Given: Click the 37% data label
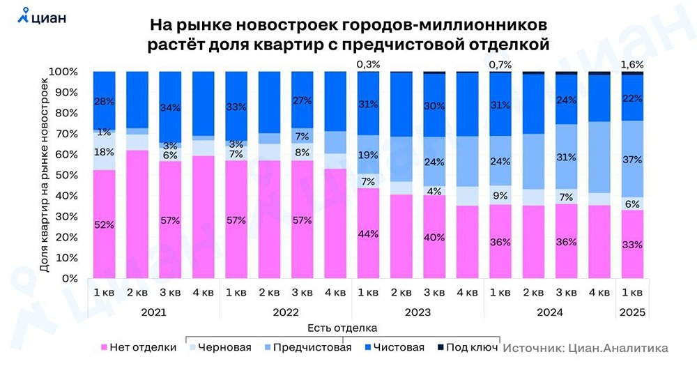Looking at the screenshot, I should (631, 159).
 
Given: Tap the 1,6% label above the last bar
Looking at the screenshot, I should (631, 64).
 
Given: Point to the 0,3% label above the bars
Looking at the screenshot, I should (368, 64).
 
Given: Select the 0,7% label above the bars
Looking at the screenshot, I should (500, 64).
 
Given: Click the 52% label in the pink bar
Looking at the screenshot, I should (105, 224).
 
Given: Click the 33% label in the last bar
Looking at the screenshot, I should (631, 245).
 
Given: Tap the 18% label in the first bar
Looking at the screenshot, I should (105, 152).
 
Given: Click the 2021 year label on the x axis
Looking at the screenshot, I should (153, 312).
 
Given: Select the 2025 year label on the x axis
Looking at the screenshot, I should (631, 312).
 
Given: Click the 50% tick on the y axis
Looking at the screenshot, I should (66, 175).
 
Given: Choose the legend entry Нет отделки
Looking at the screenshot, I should (139, 346).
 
